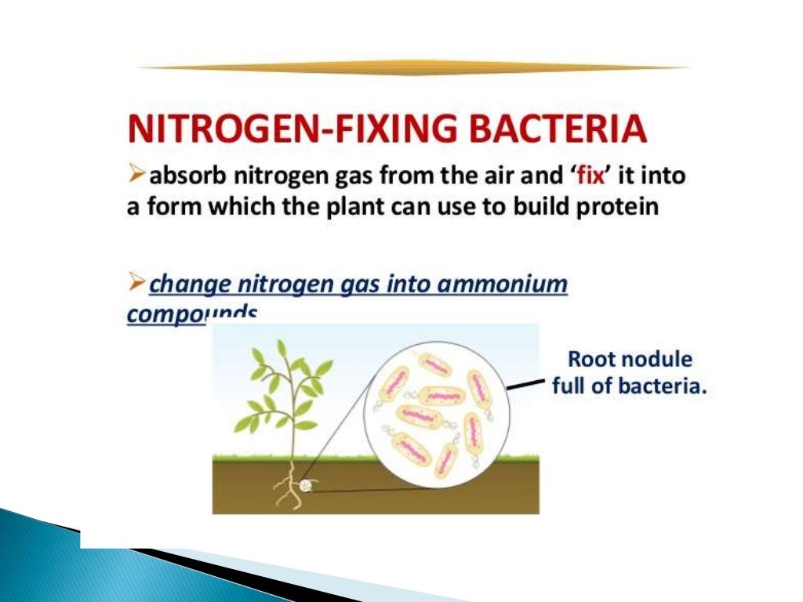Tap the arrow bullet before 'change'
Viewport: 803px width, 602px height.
(x=136, y=281)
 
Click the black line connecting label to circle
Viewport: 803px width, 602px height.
(x=525, y=384)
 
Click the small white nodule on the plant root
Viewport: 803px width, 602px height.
(x=306, y=485)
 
